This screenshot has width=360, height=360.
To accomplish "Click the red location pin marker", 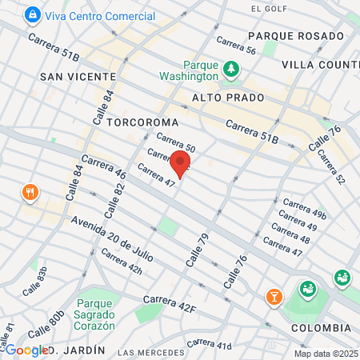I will point(180,164).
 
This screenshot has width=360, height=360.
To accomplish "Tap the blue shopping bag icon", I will point(32,14).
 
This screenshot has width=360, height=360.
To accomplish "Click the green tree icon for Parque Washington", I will point(232,69).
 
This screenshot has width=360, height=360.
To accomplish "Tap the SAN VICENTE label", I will point(78,76).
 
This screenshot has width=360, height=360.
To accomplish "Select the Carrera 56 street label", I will point(236,46).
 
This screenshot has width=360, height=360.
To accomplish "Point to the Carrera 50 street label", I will point(176,142).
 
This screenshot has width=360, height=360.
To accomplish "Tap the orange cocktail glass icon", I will point(274,297).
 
